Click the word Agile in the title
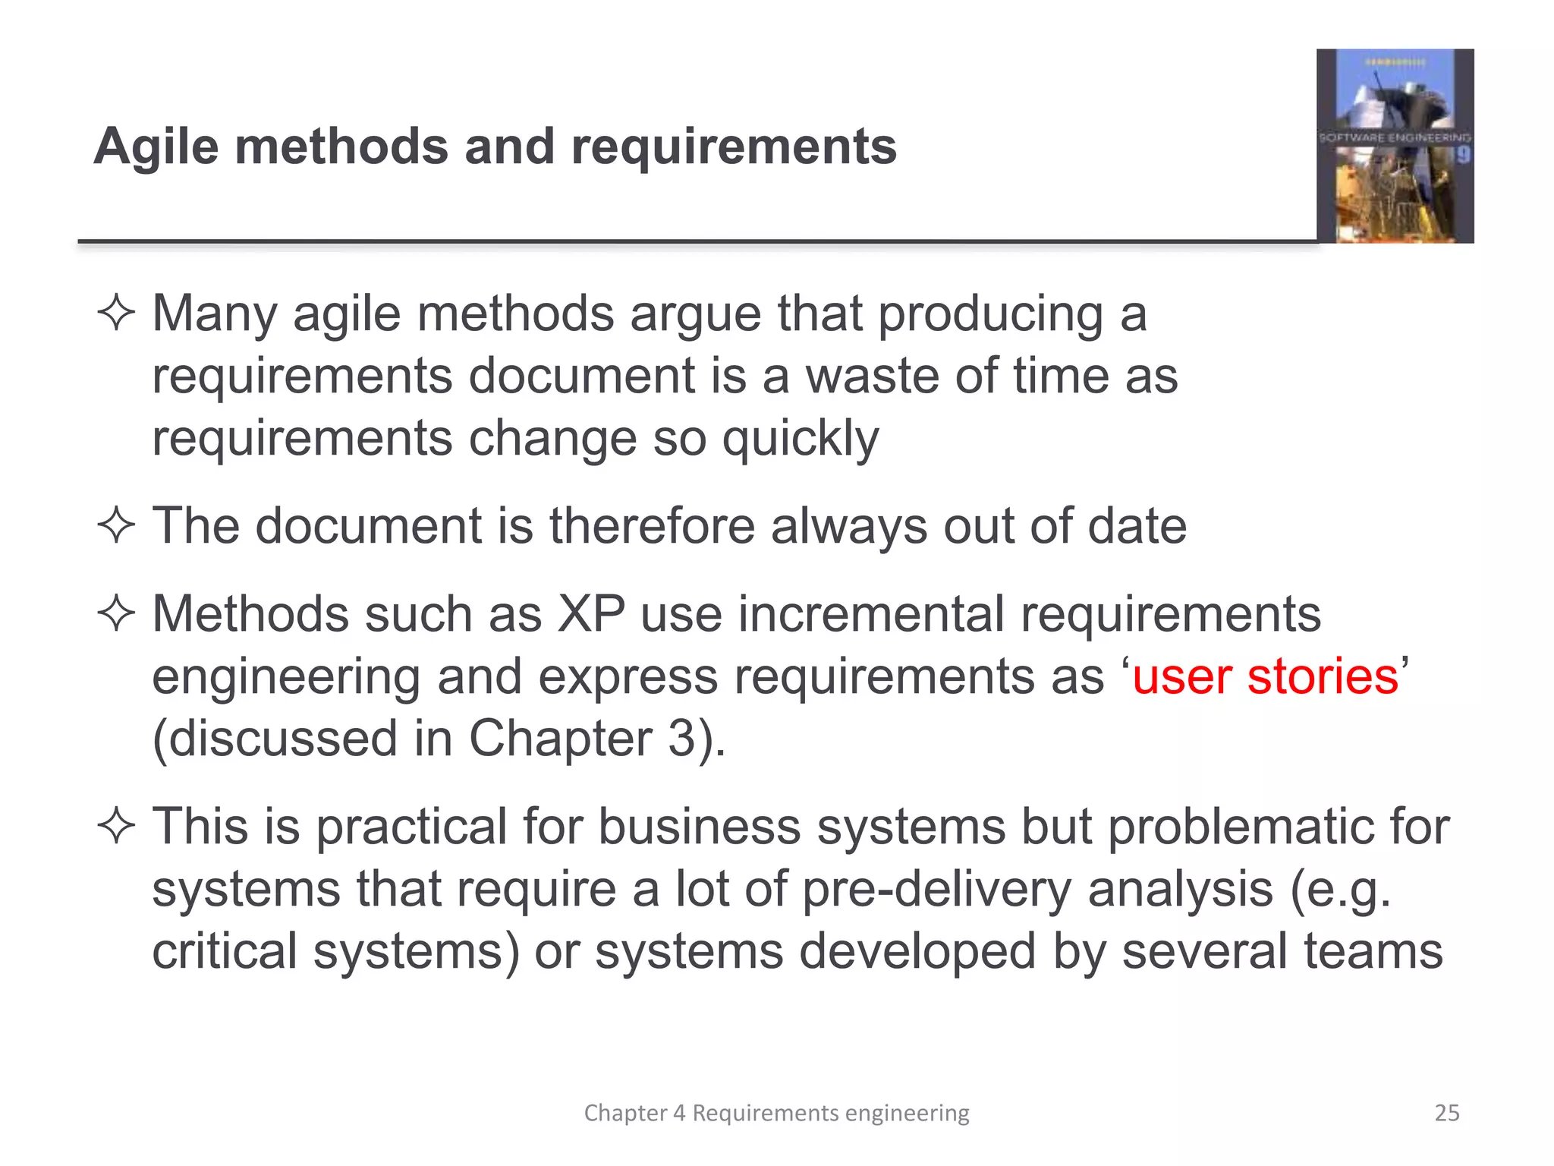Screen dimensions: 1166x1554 156,147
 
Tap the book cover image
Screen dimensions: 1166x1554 1395,146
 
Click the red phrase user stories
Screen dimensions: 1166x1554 1265,676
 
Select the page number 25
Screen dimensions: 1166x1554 1446,1113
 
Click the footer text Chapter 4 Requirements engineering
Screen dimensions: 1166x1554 776,1113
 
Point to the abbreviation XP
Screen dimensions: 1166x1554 591,613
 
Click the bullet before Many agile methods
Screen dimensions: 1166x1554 116,314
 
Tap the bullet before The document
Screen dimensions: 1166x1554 116,525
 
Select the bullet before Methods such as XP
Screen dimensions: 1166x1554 116,613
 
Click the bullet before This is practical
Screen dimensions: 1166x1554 116,826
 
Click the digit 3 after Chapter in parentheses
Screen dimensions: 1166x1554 681,739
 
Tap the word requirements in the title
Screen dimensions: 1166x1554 734,147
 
